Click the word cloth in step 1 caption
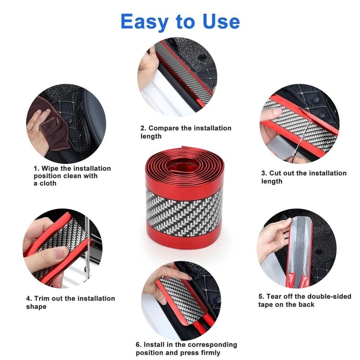[48, 184]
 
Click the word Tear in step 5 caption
[275, 297]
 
